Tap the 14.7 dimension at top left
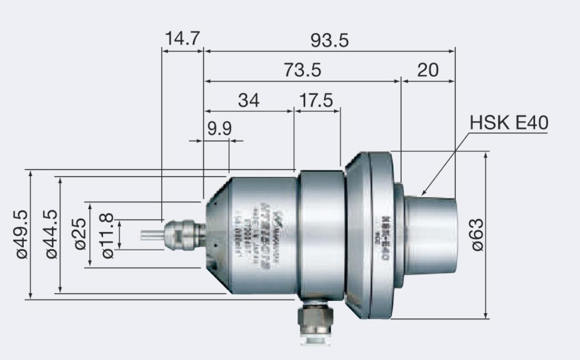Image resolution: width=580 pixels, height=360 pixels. click(x=182, y=39)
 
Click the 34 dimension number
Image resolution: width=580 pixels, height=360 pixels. click(x=249, y=100)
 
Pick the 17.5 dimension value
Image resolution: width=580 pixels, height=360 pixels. click(x=316, y=100)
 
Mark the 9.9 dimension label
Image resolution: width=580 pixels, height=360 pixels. click(x=220, y=129)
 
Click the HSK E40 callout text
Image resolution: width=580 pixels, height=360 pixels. click(x=509, y=123)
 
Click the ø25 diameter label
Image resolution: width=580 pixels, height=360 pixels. click(x=80, y=234)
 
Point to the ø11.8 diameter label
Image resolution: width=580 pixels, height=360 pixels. click(x=107, y=235)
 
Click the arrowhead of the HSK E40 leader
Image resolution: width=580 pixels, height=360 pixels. click(x=423, y=193)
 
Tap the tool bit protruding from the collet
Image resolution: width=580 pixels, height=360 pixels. click(x=151, y=235)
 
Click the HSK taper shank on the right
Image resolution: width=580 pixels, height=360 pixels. click(x=432, y=235)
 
